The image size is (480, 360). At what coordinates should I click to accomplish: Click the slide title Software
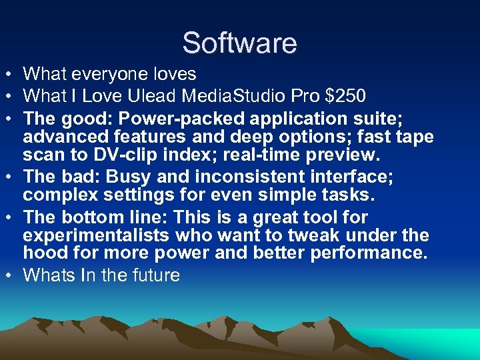(239, 43)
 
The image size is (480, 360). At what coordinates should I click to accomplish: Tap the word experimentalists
(97, 235)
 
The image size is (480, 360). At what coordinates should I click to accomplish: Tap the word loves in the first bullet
(173, 74)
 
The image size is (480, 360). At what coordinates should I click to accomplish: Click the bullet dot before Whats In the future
(11, 275)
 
